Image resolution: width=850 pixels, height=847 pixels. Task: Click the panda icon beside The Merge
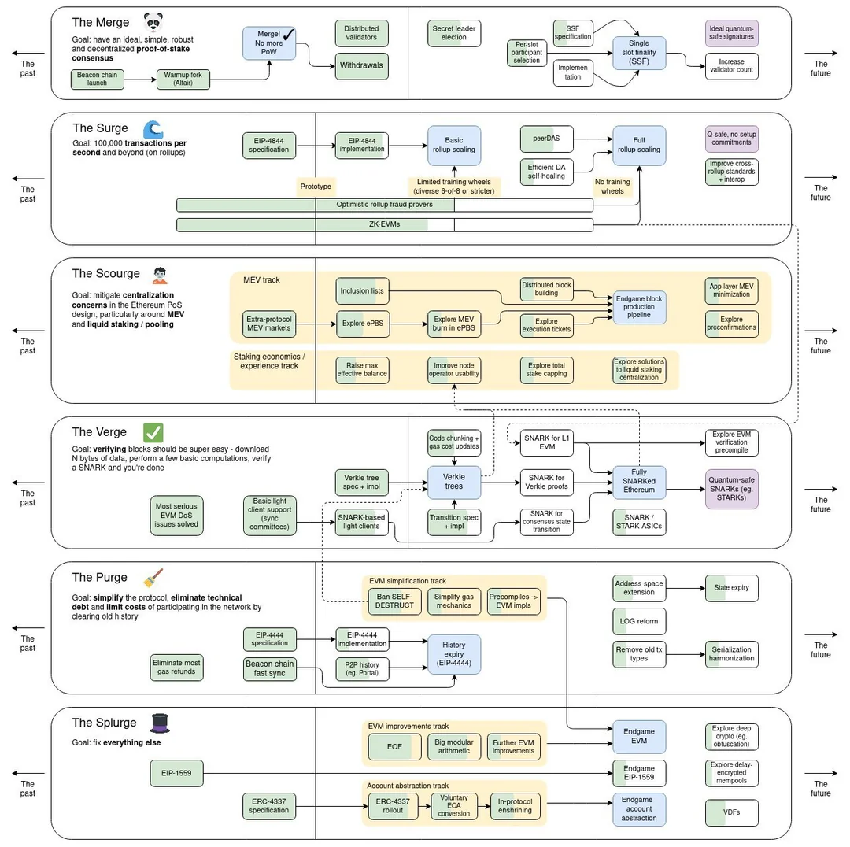click(155, 22)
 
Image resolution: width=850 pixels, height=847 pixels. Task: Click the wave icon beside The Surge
click(153, 128)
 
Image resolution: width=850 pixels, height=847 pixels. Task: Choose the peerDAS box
click(546, 138)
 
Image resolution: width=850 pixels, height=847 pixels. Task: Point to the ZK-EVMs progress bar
click(384, 225)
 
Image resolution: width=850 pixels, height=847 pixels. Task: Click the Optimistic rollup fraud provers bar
click(384, 205)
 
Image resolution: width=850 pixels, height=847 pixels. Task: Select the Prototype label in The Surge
click(315, 187)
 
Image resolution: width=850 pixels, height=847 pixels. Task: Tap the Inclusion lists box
click(362, 291)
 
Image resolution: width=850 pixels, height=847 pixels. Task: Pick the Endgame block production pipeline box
click(639, 307)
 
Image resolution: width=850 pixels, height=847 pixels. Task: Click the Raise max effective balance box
click(362, 370)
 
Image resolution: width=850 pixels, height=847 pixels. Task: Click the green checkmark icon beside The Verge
click(153, 432)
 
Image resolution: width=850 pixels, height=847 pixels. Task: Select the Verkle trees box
click(454, 481)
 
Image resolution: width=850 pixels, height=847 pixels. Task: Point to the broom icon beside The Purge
click(152, 579)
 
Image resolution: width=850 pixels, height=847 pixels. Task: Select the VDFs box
click(732, 812)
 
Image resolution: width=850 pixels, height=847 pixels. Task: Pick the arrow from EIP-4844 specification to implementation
click(316, 145)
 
